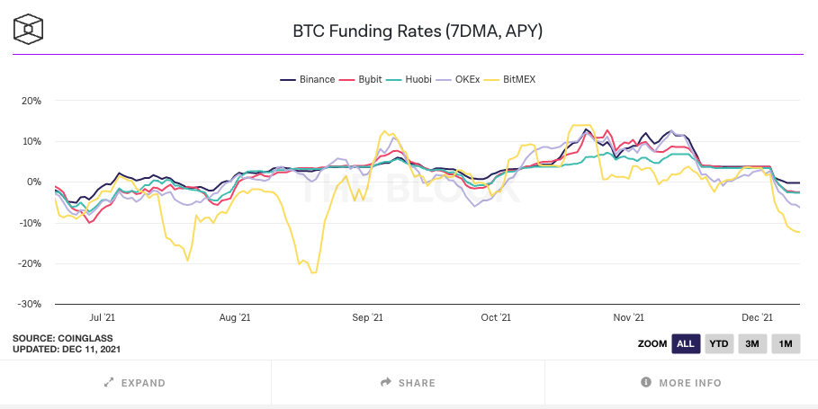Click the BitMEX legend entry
(519, 79)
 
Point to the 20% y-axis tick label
(31, 101)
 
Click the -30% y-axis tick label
(29, 305)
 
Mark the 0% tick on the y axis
(33, 182)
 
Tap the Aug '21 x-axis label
(234, 317)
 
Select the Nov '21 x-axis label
(628, 317)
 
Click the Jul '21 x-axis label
(103, 317)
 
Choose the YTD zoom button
(718, 343)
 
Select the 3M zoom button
(751, 343)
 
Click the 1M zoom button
(785, 343)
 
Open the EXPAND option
(135, 383)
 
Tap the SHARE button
(409, 383)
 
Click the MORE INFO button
(681, 383)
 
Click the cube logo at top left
(29, 29)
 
